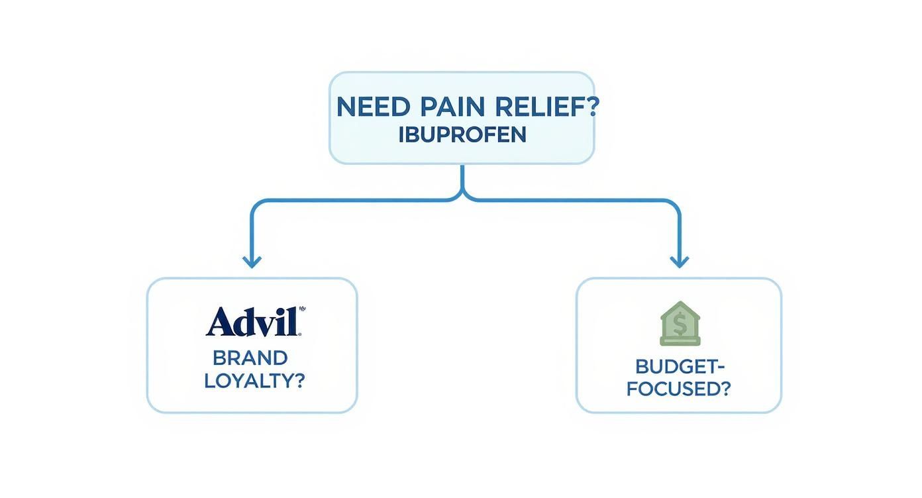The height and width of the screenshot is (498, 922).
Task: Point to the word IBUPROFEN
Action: [462, 134]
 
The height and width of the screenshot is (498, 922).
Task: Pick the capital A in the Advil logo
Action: [220, 323]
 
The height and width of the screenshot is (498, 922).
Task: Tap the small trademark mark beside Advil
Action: [303, 309]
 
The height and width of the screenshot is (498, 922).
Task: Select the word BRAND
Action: [250, 358]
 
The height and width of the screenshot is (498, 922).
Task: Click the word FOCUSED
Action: [670, 389]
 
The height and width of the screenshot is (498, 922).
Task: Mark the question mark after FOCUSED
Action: [723, 389]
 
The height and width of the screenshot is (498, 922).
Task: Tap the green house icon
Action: [680, 323]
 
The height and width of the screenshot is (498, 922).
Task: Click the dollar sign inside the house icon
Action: [680, 325]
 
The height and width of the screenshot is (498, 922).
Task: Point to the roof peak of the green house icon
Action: [680, 304]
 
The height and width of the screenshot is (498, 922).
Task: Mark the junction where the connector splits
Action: [462, 196]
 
